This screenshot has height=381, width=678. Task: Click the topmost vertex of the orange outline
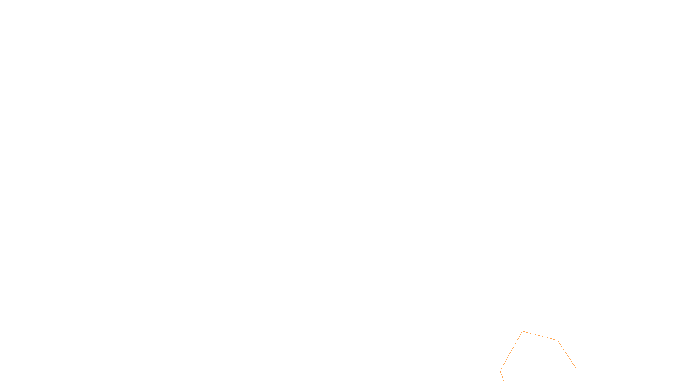pos(522,331)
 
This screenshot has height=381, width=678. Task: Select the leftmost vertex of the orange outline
pos(500,371)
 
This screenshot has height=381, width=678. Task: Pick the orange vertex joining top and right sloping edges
pos(557,340)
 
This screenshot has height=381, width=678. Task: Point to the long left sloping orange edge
pos(511,351)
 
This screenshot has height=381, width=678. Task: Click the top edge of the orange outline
pos(540,335)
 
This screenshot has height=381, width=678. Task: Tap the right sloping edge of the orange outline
pos(568,356)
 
